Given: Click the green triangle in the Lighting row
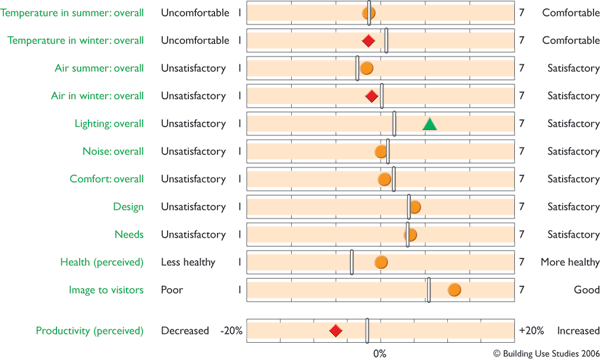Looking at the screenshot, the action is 430,124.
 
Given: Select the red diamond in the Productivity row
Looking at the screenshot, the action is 336,331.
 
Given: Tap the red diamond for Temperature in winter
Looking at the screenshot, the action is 368,41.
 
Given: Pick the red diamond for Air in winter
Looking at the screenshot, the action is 372,96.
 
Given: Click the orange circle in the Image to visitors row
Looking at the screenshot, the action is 454,290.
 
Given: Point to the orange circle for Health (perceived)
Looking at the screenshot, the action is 381,262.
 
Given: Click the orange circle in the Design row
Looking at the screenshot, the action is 415,207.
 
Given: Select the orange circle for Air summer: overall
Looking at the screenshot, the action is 366,68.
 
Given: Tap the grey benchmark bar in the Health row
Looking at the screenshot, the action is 352,262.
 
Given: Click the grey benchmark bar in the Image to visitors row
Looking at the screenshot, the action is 429,290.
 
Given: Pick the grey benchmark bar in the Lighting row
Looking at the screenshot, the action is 394,124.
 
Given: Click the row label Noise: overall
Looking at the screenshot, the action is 113,151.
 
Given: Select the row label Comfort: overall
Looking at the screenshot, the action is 106,179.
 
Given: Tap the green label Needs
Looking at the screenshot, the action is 129,235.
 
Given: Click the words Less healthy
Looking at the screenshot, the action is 188,262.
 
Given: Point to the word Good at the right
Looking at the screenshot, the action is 586,290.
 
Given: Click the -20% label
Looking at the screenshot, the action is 231,331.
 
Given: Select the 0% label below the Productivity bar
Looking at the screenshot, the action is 380,354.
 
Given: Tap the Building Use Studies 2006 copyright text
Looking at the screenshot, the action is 546,353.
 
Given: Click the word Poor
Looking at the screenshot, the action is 172,290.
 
